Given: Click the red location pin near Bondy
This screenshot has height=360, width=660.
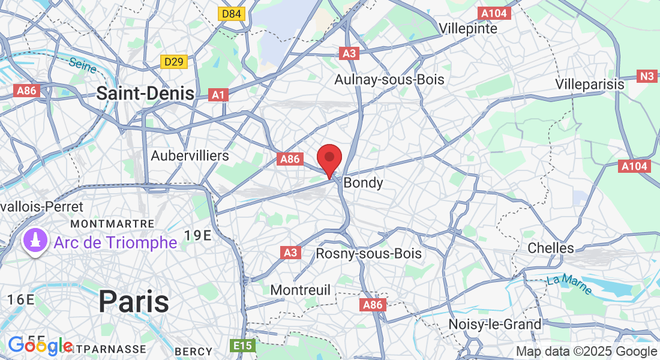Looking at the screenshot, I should pyautogui.click(x=329, y=159).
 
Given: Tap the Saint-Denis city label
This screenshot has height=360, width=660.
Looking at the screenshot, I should pyautogui.click(x=145, y=93).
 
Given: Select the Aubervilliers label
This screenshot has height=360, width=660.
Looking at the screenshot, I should pyautogui.click(x=190, y=155).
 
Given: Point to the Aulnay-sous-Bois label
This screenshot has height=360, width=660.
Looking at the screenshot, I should pyautogui.click(x=389, y=79).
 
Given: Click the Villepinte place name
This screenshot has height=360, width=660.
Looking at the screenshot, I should pyautogui.click(x=468, y=28).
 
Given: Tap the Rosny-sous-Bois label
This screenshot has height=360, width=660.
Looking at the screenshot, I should pyautogui.click(x=369, y=253).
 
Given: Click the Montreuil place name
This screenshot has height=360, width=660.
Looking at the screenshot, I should pyautogui.click(x=300, y=290).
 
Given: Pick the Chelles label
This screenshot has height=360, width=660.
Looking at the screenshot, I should pyautogui.click(x=551, y=248).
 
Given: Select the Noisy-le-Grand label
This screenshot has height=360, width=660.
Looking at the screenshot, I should pyautogui.click(x=495, y=325).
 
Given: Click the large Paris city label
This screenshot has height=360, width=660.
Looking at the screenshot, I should pyautogui.click(x=133, y=301).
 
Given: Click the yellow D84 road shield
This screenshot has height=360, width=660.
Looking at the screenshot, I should pyautogui.click(x=232, y=14).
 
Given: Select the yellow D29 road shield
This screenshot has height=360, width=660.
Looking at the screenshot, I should pyautogui.click(x=175, y=62).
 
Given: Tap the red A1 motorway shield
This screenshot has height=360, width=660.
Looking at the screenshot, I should pyautogui.click(x=218, y=94).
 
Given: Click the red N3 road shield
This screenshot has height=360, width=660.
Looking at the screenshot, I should pyautogui.click(x=646, y=76).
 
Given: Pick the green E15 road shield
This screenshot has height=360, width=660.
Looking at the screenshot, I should pyautogui.click(x=242, y=346).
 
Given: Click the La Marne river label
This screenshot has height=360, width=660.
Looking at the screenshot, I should pyautogui.click(x=569, y=285).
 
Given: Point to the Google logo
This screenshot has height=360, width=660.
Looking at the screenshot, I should pyautogui.click(x=40, y=346).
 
